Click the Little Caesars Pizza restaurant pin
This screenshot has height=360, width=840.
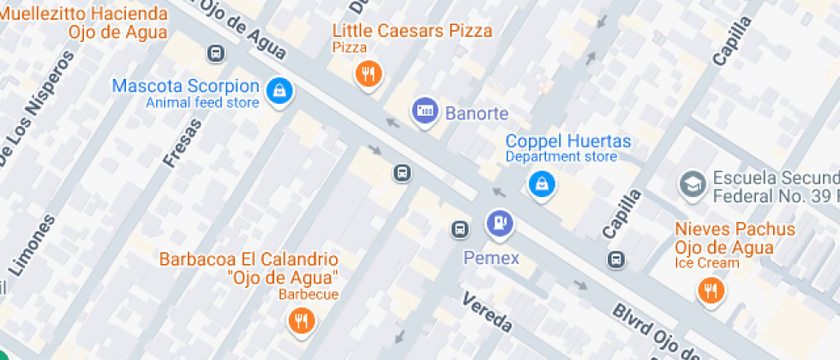(368, 75)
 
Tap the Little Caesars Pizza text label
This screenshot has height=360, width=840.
(412, 31)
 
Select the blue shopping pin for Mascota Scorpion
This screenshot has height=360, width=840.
(279, 91)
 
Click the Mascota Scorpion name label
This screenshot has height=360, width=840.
(185, 86)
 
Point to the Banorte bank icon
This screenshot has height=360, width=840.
(424, 111)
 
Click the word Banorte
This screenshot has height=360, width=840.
(477, 112)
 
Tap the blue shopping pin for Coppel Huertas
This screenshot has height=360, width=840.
(541, 183)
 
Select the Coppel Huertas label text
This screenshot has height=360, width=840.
(567, 141)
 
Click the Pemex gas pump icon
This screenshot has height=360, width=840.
(500, 224)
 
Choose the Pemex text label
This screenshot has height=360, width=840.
(491, 257)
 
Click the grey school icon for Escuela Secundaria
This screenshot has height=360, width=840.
(691, 183)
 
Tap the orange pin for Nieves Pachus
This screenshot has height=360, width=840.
(711, 291)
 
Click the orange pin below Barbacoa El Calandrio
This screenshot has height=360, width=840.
(301, 321)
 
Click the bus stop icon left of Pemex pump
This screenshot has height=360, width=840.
(460, 229)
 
